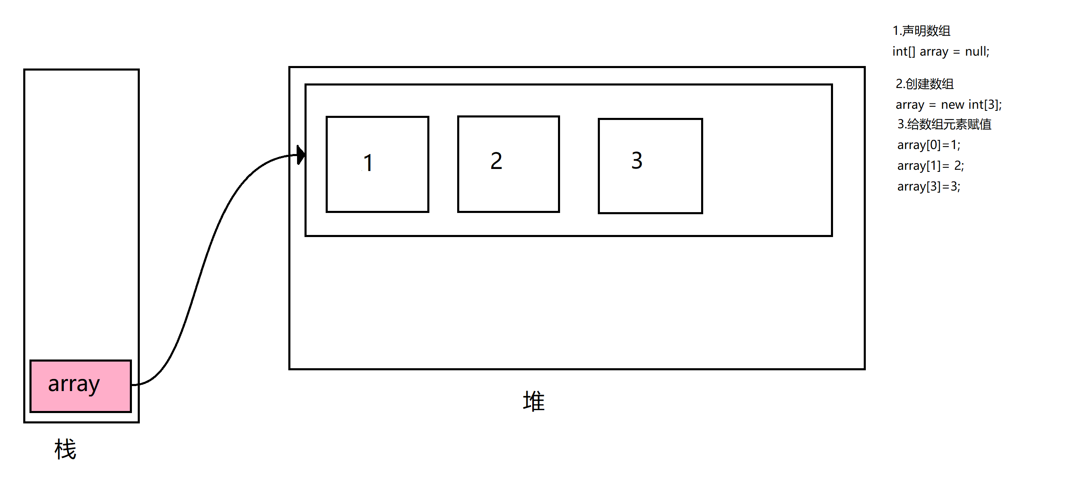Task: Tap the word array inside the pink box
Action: tap(74, 384)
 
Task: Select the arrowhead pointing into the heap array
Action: tap(301, 155)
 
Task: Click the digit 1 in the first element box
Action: tap(368, 163)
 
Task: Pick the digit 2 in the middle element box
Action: tap(496, 161)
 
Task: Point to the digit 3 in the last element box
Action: tap(637, 161)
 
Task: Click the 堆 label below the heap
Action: tap(534, 401)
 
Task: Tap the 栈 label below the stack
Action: tap(65, 449)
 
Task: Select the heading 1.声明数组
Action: tap(921, 31)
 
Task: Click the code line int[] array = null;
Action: tap(940, 51)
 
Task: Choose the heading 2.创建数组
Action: tap(925, 84)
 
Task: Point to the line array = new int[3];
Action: tap(948, 105)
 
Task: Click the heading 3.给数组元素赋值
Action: tap(944, 125)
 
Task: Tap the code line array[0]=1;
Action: tap(929, 145)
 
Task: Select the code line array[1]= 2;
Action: tap(931, 166)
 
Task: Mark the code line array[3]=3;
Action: tap(929, 186)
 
